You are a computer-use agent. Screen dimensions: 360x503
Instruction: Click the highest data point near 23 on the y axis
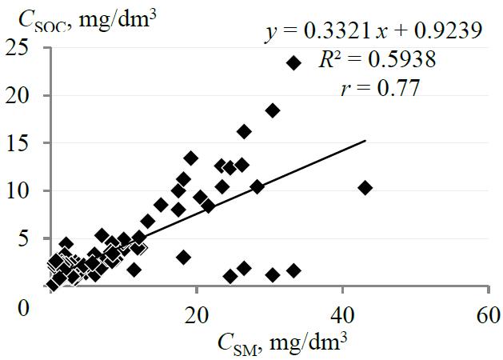point(293,63)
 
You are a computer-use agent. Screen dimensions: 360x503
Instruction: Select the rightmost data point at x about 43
point(365,188)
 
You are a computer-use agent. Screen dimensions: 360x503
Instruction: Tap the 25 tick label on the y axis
point(29,47)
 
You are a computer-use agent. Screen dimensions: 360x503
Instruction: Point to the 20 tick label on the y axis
point(29,95)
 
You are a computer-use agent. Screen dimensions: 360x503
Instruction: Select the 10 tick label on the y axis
point(29,190)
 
